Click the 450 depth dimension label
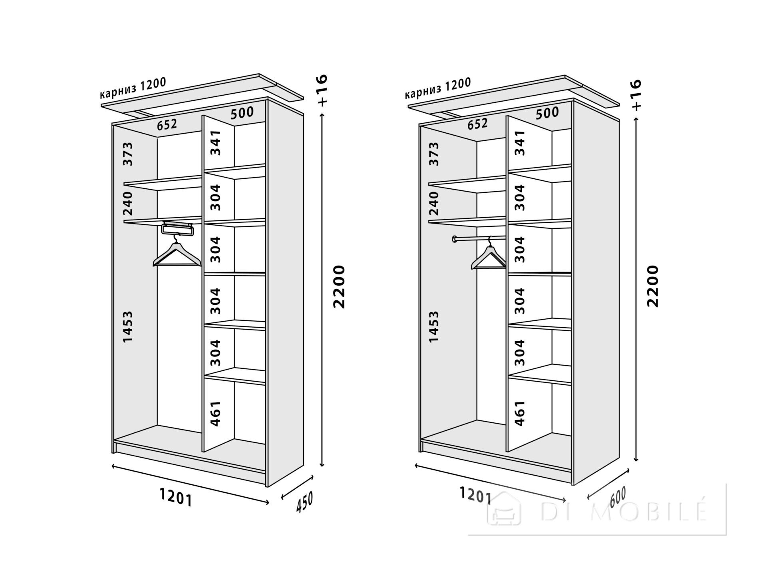pyautogui.click(x=304, y=502)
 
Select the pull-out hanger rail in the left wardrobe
pyautogui.click(x=177, y=228)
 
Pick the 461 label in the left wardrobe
pyautogui.click(x=215, y=414)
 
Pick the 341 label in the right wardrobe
pyautogui.click(x=520, y=143)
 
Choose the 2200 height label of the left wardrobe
pyautogui.click(x=339, y=286)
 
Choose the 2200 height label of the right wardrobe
pyautogui.click(x=652, y=286)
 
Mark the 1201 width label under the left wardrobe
pyautogui.click(x=176, y=498)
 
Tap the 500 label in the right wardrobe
pyautogui.click(x=547, y=113)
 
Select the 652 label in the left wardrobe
pyautogui.click(x=167, y=124)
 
